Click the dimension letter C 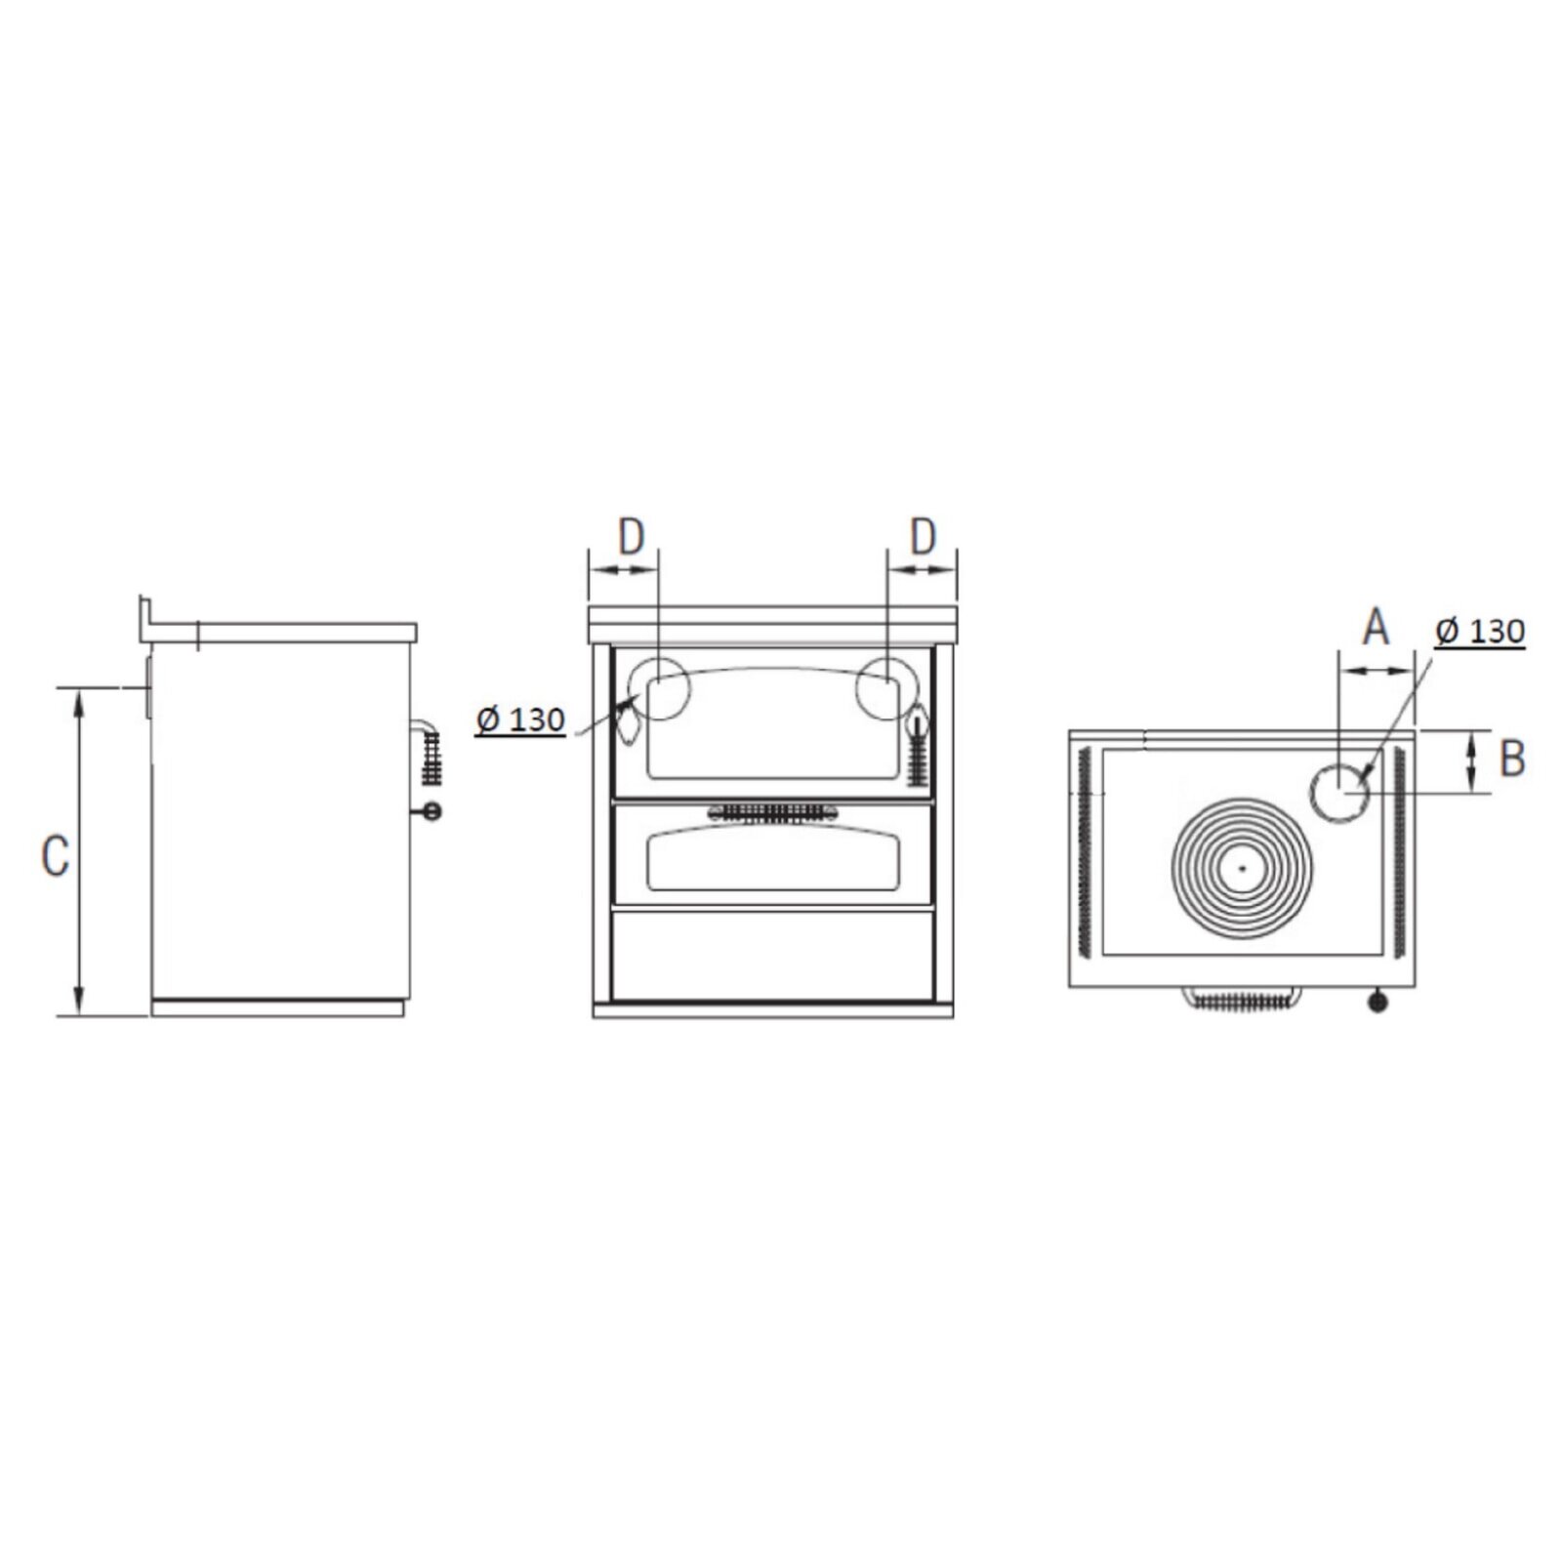(55, 855)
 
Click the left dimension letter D (632, 536)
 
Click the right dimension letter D (923, 536)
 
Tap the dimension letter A (1376, 627)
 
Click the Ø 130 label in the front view (520, 720)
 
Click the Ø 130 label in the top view (1480, 632)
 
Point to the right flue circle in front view (886, 689)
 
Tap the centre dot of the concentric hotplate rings (1242, 867)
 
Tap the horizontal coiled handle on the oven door (772, 812)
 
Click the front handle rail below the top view (1242, 999)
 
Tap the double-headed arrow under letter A (1377, 670)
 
